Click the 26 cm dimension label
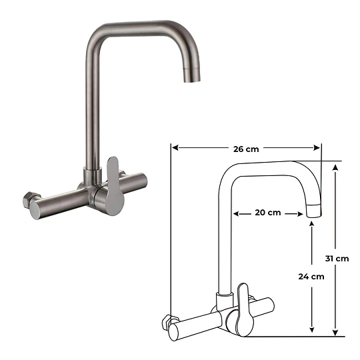(246, 149)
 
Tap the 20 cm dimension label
(267, 213)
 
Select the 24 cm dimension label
(311, 276)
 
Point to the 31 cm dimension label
(341, 258)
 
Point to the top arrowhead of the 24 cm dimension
(311, 225)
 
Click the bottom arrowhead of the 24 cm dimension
(311, 331)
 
